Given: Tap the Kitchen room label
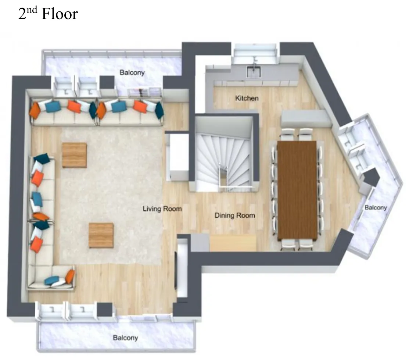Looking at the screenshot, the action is [x=247, y=98].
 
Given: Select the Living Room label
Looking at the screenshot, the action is [x=162, y=209].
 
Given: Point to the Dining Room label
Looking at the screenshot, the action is [x=234, y=215].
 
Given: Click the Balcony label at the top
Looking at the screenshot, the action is [x=132, y=72].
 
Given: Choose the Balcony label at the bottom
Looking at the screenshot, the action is [x=125, y=338].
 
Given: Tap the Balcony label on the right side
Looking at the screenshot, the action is [x=376, y=207].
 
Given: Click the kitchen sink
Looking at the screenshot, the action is [x=254, y=71].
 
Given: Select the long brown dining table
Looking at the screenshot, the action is [x=297, y=190].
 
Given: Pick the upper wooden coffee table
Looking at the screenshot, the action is [x=74, y=155].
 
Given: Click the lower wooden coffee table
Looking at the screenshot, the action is [x=101, y=235].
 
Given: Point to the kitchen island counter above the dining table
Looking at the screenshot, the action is [x=306, y=118].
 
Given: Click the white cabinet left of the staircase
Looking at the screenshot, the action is [x=177, y=157].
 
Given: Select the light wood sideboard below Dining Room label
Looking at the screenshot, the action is [x=233, y=243].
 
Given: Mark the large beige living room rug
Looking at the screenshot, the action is [x=111, y=196].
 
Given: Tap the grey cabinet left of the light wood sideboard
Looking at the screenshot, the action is [x=200, y=243].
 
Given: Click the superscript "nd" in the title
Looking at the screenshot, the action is [x=32, y=10].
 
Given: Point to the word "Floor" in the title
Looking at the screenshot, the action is [x=60, y=14].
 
